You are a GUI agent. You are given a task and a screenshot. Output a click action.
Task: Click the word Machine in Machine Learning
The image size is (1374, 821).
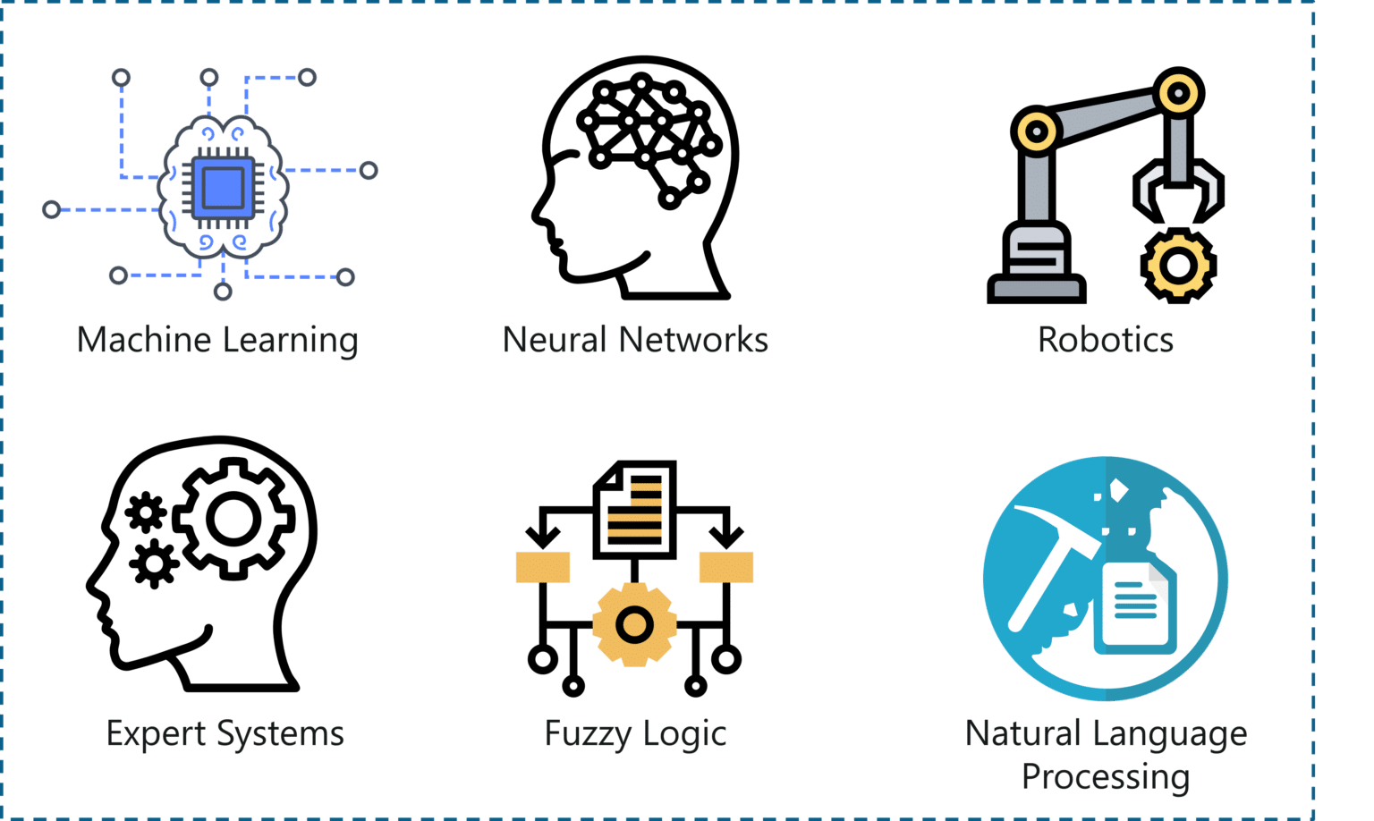[x=144, y=340]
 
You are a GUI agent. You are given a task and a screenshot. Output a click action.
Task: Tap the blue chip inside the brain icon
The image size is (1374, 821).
[x=223, y=188]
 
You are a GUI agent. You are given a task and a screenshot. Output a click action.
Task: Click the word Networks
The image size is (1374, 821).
[x=694, y=340]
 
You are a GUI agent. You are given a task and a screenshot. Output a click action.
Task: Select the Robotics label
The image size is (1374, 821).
[x=1106, y=340]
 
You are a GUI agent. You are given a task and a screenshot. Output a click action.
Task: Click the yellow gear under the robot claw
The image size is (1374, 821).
[x=1178, y=266]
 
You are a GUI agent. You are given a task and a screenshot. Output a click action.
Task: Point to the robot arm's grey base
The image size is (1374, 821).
[x=1036, y=264]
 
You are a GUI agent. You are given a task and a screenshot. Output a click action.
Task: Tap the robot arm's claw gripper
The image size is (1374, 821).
[x=1178, y=190]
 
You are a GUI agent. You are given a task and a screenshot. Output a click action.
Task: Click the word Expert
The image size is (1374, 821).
[x=156, y=734]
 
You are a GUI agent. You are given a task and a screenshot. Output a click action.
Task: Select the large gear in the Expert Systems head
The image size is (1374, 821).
[x=233, y=519]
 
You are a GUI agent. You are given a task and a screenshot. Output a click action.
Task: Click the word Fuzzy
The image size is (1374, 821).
[x=588, y=734]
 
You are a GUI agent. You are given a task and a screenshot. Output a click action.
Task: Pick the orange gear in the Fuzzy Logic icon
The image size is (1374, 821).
[x=634, y=625]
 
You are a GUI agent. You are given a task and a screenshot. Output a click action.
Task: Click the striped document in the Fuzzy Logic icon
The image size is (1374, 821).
[x=635, y=510]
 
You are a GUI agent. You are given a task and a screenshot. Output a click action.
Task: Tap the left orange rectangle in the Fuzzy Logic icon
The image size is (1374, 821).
[x=543, y=567]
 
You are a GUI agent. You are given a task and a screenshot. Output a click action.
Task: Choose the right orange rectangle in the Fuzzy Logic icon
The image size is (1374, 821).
[x=726, y=567]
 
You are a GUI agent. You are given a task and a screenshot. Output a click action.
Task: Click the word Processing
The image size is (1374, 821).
[x=1106, y=777]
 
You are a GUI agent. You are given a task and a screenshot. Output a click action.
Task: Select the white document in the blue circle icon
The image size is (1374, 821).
[x=1136, y=607]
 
